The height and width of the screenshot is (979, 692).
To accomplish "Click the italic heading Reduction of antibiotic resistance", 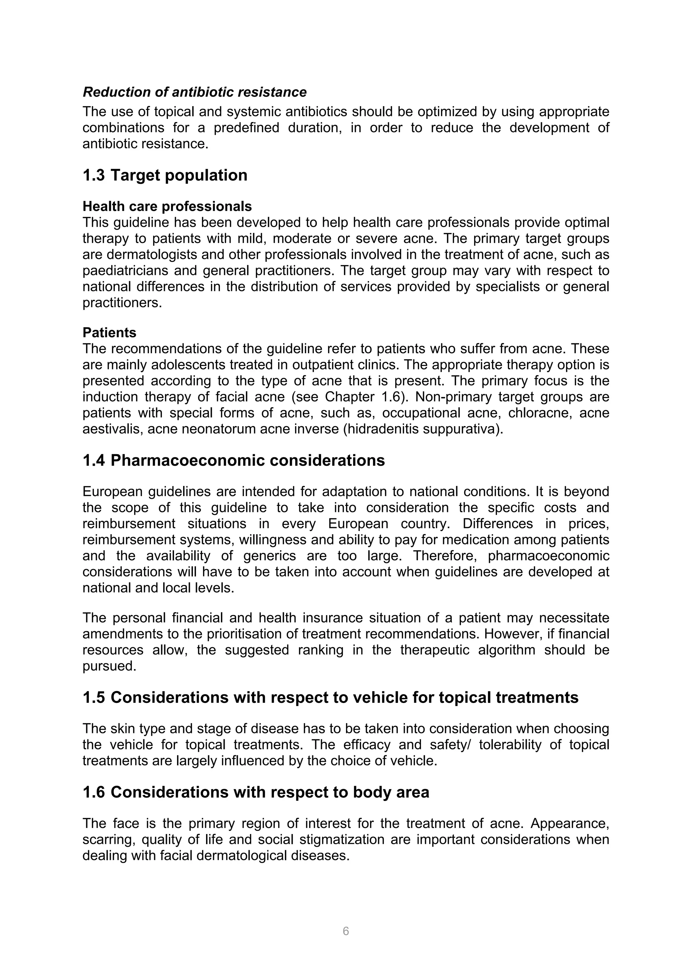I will click(x=194, y=92).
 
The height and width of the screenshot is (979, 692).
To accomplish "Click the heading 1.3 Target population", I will click(x=165, y=175).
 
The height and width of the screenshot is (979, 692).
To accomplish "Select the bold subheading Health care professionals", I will click(x=167, y=206).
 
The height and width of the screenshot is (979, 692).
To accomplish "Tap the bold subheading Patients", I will click(x=109, y=333).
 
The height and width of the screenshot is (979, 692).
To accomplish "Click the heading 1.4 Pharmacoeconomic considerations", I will click(x=233, y=461).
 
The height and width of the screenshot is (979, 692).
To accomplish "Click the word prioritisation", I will click(x=244, y=634).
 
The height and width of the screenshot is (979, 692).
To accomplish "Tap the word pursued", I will click(x=109, y=666).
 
